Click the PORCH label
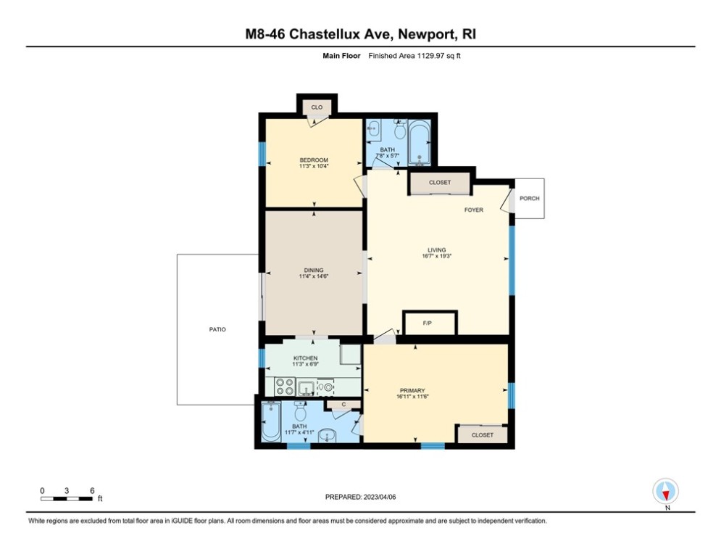pyautogui.click(x=530, y=198)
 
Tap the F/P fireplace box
pyautogui.click(x=430, y=323)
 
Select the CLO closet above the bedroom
pyautogui.click(x=316, y=107)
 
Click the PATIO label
pyautogui.click(x=217, y=329)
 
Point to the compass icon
pyautogui.click(x=664, y=491)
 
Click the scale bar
pyautogui.click(x=67, y=498)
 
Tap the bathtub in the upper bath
pyautogui.click(x=420, y=143)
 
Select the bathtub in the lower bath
pyautogui.click(x=271, y=422)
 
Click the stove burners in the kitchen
pyautogui.click(x=284, y=386)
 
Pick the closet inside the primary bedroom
pyautogui.click(x=482, y=434)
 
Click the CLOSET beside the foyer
pyautogui.click(x=439, y=183)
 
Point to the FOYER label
pyautogui.click(x=474, y=210)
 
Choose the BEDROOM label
pyautogui.click(x=314, y=160)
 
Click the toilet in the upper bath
pyautogui.click(x=400, y=131)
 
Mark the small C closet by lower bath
pyautogui.click(x=336, y=405)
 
